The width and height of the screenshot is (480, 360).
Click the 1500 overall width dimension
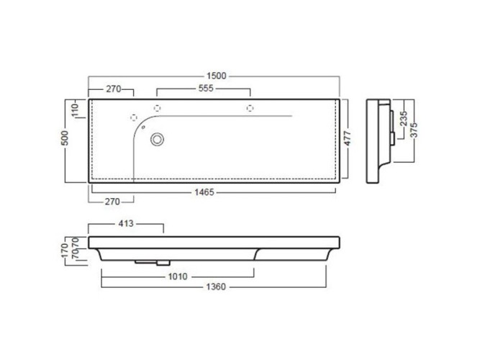click(x=217, y=76)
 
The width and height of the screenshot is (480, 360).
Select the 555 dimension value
click(x=206, y=89)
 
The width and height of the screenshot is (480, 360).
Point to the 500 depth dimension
click(x=65, y=138)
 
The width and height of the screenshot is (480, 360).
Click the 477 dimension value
click(x=347, y=138)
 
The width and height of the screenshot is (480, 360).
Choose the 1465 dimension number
click(x=204, y=192)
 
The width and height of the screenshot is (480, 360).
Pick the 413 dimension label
click(x=126, y=224)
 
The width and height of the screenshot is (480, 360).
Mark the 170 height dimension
click(x=65, y=251)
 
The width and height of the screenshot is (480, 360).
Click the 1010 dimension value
click(x=178, y=276)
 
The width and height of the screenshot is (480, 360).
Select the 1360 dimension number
click(x=216, y=287)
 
